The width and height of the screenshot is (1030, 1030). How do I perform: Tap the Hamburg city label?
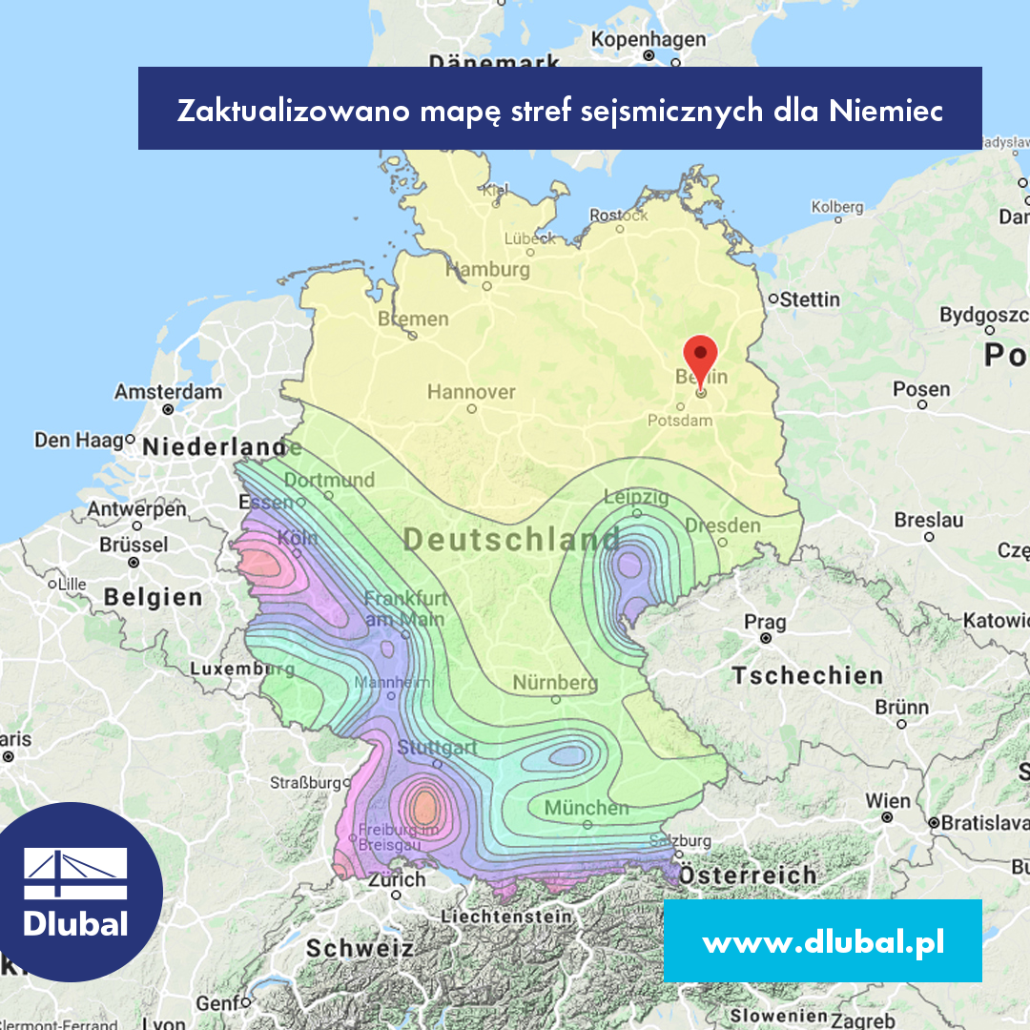pyautogui.click(x=487, y=270)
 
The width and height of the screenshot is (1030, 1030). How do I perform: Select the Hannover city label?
pyautogui.click(x=471, y=392)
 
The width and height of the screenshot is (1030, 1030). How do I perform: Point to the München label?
pyautogui.click(x=587, y=808)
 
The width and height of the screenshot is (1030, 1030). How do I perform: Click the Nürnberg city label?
pyautogui.click(x=555, y=683)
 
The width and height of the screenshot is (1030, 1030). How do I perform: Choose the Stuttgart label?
pyautogui.click(x=437, y=747)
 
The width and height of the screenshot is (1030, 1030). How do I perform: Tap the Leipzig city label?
pyautogui.click(x=636, y=497)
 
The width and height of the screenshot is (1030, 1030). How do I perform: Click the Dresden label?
pyautogui.click(x=723, y=525)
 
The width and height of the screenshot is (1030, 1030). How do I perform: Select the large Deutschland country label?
pyautogui.click(x=511, y=540)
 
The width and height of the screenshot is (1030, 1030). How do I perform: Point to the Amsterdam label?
pyautogui.click(x=168, y=392)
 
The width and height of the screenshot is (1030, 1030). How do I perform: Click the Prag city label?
pyautogui.click(x=765, y=623)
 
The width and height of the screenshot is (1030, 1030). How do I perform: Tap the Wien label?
pyautogui.click(x=888, y=800)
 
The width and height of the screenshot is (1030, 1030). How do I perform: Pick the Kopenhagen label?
pyautogui.click(x=649, y=40)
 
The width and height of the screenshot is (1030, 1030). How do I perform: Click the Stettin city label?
pyautogui.click(x=810, y=299)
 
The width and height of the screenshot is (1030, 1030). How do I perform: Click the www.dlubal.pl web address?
pyautogui.click(x=823, y=942)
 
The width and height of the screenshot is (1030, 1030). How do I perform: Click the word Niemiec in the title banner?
pyautogui.click(x=886, y=112)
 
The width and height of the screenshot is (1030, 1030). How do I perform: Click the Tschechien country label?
pyautogui.click(x=807, y=676)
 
